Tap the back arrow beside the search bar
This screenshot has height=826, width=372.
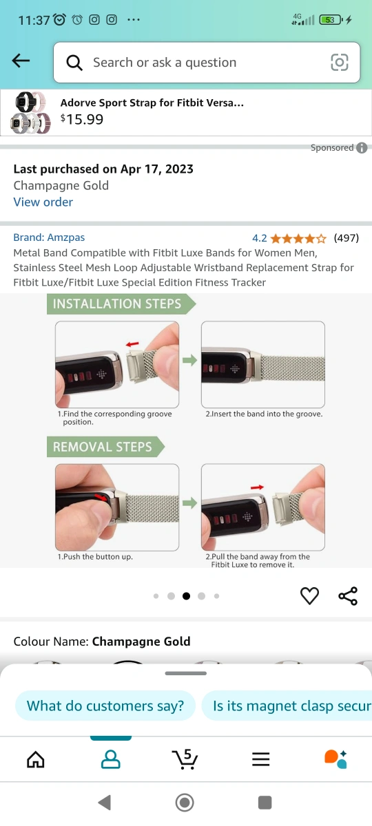21,61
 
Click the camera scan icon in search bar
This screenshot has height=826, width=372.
340,62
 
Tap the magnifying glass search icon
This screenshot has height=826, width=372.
74,63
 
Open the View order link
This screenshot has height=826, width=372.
43,202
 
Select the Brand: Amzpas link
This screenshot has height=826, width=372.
49,237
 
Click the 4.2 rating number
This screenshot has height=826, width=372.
260,238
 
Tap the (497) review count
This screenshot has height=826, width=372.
346,238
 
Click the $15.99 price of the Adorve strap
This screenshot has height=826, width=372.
82,119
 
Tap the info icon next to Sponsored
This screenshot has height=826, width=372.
362,148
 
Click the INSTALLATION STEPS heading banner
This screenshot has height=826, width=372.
121,304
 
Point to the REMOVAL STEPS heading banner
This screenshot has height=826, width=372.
105,447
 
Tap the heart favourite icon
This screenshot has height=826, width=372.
309,595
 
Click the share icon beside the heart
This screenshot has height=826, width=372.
348,596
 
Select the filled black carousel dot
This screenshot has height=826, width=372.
187,596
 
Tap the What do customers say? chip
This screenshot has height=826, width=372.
105,706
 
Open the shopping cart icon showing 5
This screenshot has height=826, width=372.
185,759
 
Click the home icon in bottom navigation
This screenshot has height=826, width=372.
36,760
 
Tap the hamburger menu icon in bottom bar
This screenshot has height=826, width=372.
260,760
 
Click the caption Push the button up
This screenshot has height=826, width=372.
95,556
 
